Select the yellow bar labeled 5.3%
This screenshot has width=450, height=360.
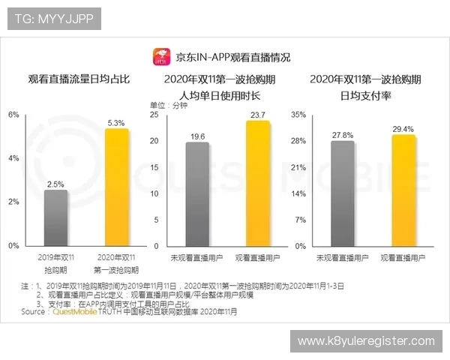click(115, 187)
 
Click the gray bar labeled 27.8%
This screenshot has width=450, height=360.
click(342, 193)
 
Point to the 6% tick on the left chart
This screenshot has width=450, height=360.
click(13, 115)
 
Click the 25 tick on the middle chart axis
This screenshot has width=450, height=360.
click(154, 115)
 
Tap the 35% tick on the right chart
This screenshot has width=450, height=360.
click(299, 115)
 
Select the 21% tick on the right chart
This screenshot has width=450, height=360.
click(299, 167)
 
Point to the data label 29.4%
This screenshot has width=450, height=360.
click(403, 129)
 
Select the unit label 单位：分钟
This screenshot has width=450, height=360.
click(169, 106)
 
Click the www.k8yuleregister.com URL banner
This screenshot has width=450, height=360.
click(366, 341)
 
